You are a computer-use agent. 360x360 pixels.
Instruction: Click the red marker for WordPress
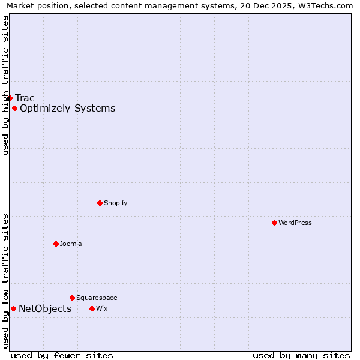[x=274, y=223]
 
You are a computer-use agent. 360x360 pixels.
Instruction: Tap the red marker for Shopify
[x=100, y=203]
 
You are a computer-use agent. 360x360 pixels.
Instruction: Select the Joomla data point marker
[x=56, y=244]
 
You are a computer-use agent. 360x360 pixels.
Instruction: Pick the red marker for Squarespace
[x=72, y=298]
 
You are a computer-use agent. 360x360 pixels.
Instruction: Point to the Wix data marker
[x=92, y=308]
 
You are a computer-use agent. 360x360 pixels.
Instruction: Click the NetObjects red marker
[x=13, y=308]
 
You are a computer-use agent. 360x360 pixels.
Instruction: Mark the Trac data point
[x=10, y=98]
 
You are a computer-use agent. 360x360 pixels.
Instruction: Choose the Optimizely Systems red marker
[x=14, y=108]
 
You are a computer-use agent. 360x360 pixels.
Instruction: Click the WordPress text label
[x=295, y=223]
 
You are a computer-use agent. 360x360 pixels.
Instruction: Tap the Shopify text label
[x=116, y=203]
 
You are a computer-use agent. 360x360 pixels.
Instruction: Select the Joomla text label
[x=71, y=244]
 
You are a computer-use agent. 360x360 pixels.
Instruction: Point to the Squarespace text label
[x=97, y=298]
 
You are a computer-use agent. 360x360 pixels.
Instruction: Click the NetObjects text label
[x=45, y=309]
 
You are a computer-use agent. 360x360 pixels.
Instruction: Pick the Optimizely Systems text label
[x=67, y=109]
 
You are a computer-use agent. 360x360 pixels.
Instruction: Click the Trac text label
[x=25, y=98]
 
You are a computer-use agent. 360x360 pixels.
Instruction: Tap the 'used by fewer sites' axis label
[x=62, y=356]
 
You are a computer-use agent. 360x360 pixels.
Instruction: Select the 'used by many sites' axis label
[x=301, y=356]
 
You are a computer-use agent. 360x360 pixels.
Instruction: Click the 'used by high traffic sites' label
[x=5, y=85]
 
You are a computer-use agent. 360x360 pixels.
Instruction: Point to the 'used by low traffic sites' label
[x=5, y=281]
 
